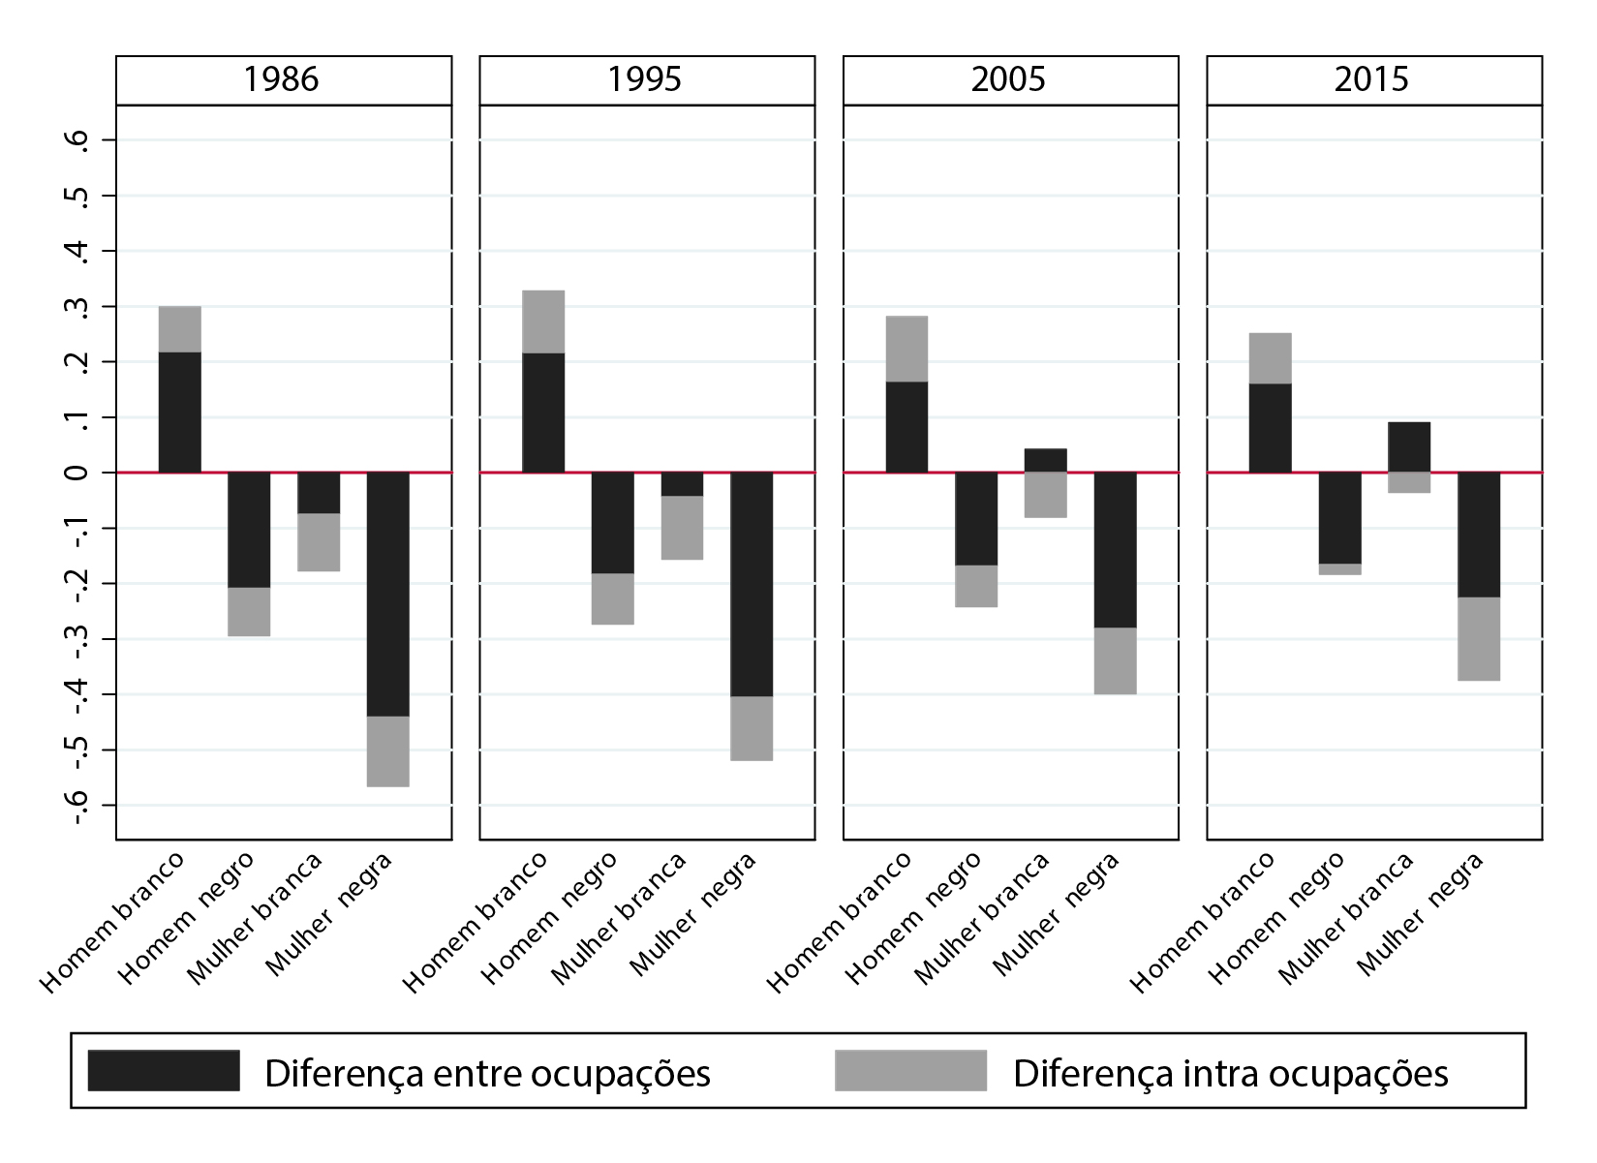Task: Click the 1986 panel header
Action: (282, 79)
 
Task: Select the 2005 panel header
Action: (1009, 79)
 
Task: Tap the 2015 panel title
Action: (1372, 79)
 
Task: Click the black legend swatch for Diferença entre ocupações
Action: (163, 1070)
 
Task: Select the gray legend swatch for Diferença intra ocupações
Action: (910, 1070)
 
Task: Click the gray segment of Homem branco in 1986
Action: (180, 329)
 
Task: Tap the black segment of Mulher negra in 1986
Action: (388, 594)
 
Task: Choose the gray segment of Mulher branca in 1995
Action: (683, 528)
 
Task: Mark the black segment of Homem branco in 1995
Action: (543, 413)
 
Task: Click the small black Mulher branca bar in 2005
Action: (1046, 460)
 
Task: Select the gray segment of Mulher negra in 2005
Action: (1116, 660)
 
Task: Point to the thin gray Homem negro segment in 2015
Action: (1339, 569)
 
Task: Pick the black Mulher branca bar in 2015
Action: (1409, 447)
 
